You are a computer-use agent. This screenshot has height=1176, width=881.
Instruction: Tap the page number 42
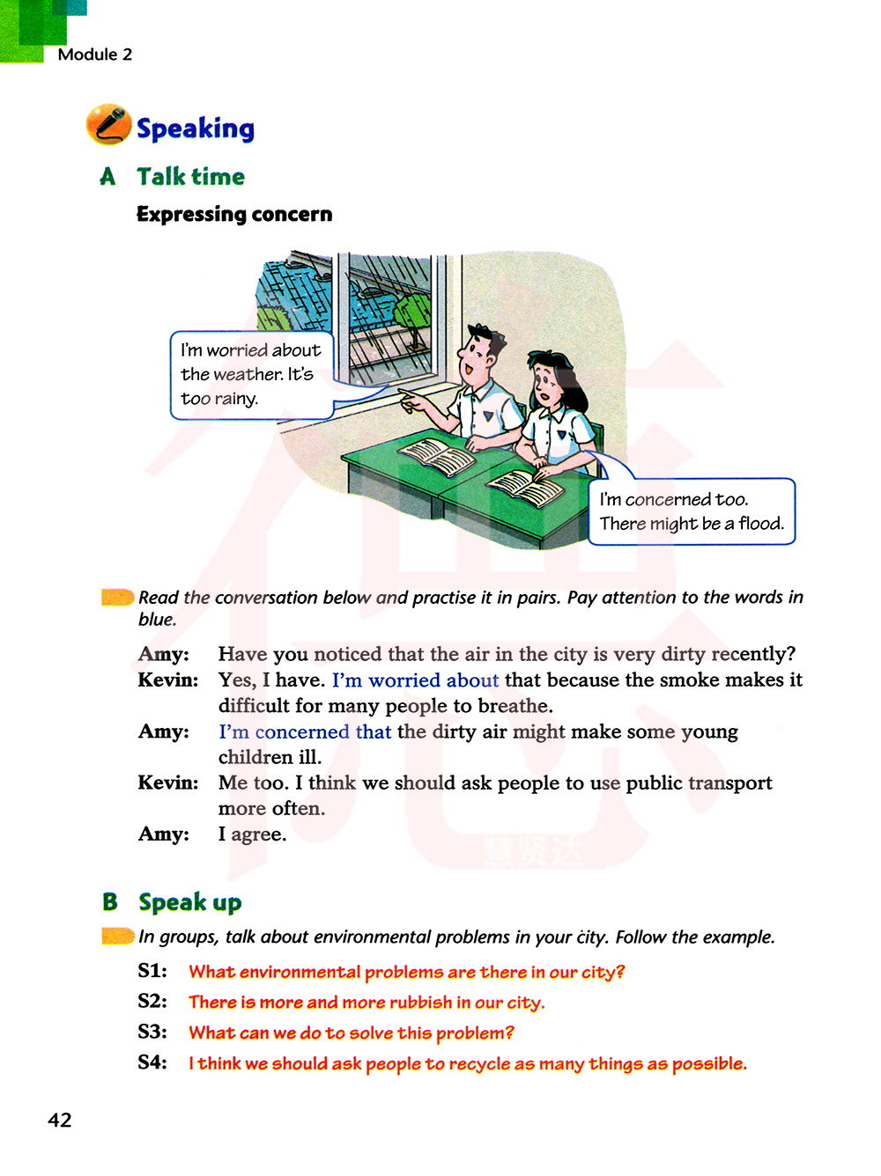point(60,1120)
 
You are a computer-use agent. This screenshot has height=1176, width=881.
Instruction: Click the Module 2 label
point(94,55)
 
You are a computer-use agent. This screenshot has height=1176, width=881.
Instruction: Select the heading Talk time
point(190,177)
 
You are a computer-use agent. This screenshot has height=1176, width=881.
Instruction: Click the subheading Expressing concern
point(234,215)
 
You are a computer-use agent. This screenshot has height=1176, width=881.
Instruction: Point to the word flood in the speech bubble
point(760,524)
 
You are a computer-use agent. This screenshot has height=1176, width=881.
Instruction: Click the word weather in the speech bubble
point(232,374)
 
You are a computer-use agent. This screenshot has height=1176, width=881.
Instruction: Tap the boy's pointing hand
point(409,402)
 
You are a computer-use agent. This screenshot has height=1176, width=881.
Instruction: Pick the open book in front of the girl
point(526,487)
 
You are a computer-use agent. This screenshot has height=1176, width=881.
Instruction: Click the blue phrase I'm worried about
point(415,680)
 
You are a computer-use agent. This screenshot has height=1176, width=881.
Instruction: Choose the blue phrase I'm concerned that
point(304,732)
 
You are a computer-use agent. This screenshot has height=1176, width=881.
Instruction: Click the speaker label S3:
point(152,1032)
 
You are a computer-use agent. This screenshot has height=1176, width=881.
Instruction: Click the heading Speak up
point(189,903)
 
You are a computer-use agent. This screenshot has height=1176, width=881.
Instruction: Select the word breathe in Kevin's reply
point(514,706)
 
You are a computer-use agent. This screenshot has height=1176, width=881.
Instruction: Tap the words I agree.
point(252,834)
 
